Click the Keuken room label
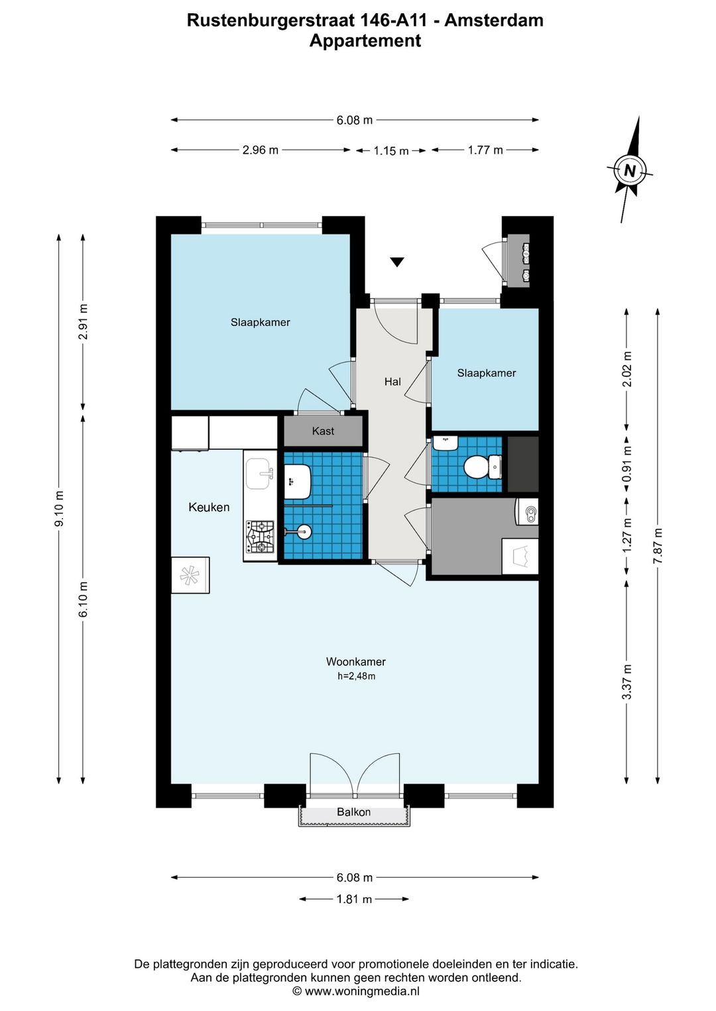coord(209,507)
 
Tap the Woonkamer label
coord(356,662)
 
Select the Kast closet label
coord(323,431)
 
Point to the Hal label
coord(392,382)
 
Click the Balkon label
coord(354,812)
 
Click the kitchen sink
coord(258,474)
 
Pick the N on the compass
coord(629,171)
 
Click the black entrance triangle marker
coord(396,262)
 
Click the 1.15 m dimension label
coord(390,151)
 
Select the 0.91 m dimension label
coord(626,464)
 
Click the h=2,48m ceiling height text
coord(357,676)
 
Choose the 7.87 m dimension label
coord(658,545)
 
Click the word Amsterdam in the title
coord(494,21)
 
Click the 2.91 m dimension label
coord(83,322)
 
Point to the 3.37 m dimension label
coord(626,682)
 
